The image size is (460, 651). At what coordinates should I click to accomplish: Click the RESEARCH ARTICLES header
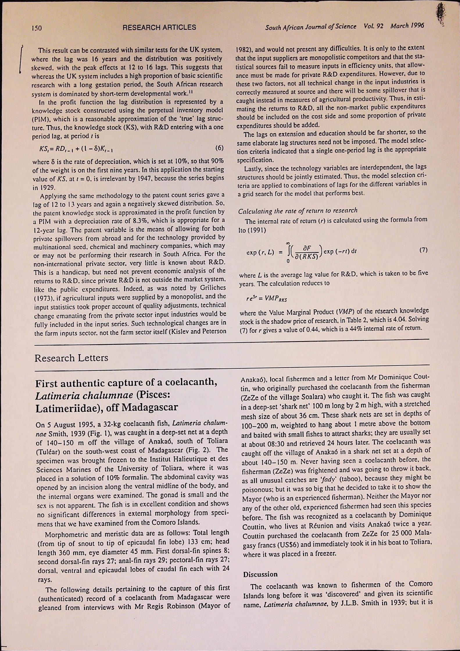(x=159, y=27)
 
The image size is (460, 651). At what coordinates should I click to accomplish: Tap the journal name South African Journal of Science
(x=311, y=27)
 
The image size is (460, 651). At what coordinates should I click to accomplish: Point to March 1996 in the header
(x=407, y=26)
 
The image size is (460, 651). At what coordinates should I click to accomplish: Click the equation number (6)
(x=219, y=148)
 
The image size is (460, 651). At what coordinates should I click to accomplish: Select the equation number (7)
(x=423, y=250)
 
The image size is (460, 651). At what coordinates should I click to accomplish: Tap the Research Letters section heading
(x=71, y=358)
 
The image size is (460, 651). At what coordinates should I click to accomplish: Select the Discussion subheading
(x=260, y=574)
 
